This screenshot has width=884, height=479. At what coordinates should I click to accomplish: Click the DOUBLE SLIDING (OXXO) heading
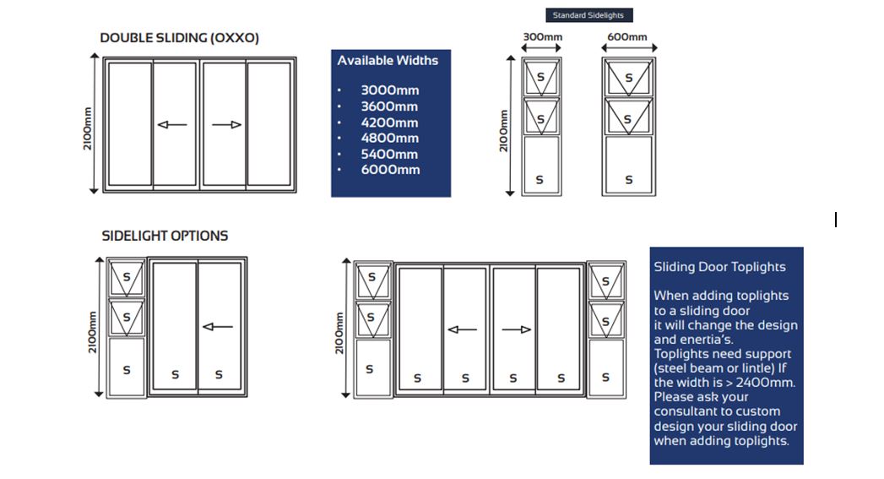[179, 38]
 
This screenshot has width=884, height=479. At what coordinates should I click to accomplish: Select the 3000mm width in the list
[389, 90]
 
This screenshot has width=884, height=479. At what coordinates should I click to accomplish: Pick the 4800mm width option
[389, 138]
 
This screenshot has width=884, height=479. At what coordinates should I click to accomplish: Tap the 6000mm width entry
[390, 170]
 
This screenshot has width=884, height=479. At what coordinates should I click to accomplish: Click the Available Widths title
[388, 61]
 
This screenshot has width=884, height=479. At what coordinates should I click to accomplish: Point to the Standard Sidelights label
[588, 15]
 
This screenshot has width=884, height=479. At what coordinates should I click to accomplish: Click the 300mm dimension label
[542, 37]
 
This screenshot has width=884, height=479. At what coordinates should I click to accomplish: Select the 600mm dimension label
[627, 37]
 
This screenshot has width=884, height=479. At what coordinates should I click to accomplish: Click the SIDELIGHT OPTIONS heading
[165, 236]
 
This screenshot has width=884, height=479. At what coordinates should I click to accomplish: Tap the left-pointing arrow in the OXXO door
[172, 125]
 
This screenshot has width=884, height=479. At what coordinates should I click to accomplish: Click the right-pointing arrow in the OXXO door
[226, 125]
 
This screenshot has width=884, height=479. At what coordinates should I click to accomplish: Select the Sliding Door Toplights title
[719, 267]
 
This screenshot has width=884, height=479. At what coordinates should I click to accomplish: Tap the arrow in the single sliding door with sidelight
[218, 327]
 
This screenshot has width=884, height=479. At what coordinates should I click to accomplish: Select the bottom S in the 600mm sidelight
[628, 180]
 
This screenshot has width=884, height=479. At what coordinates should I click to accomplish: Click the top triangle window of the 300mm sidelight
[540, 78]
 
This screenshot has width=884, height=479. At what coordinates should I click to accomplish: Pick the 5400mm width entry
[389, 154]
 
